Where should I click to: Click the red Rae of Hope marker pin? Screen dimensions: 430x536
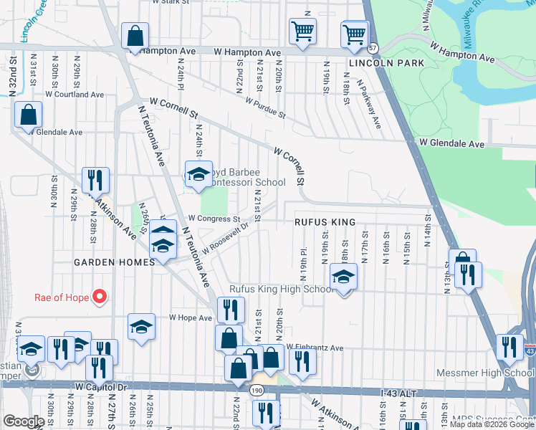100,296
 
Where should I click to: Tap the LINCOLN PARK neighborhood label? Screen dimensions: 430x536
386,64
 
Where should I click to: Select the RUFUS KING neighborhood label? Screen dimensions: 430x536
325,223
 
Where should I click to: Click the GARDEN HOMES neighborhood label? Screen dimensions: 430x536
114,263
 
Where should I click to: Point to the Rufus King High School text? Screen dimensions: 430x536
281,290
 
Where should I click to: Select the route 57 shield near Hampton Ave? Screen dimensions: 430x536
373,48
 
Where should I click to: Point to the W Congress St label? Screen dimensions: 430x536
214,219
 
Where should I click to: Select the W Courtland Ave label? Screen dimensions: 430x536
75,95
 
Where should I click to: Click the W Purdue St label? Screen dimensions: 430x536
265,109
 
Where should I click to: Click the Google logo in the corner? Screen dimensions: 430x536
24,421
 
